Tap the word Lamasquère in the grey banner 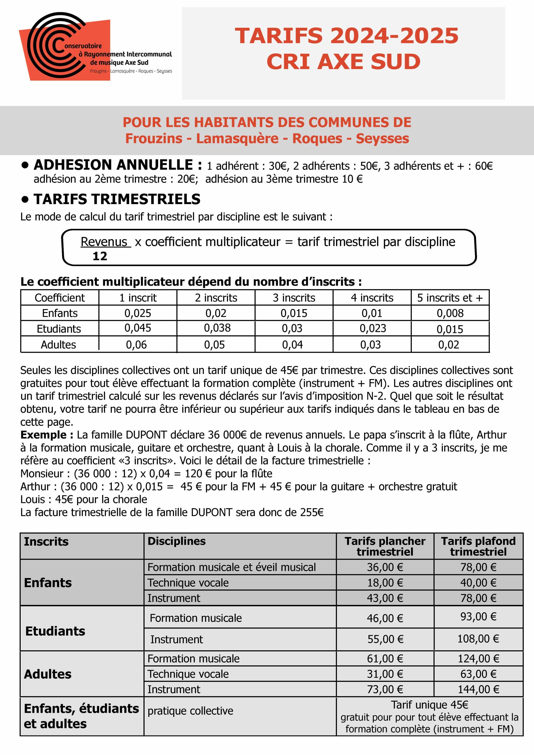[x=237, y=138]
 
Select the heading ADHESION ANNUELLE [x=118, y=165]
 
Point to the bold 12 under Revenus [x=100, y=256]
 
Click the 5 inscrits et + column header [x=450, y=298]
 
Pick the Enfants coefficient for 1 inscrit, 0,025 [x=137, y=313]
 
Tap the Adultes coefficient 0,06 [x=136, y=345]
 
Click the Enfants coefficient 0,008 [x=450, y=313]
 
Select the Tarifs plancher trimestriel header [x=385, y=546]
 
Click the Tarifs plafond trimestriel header [x=478, y=546]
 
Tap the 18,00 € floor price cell [x=385, y=583]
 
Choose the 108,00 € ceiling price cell [x=478, y=639]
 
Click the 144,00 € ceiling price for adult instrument [x=478, y=689]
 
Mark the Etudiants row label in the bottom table [x=55, y=631]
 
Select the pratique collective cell [x=190, y=711]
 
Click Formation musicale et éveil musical [x=231, y=567]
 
